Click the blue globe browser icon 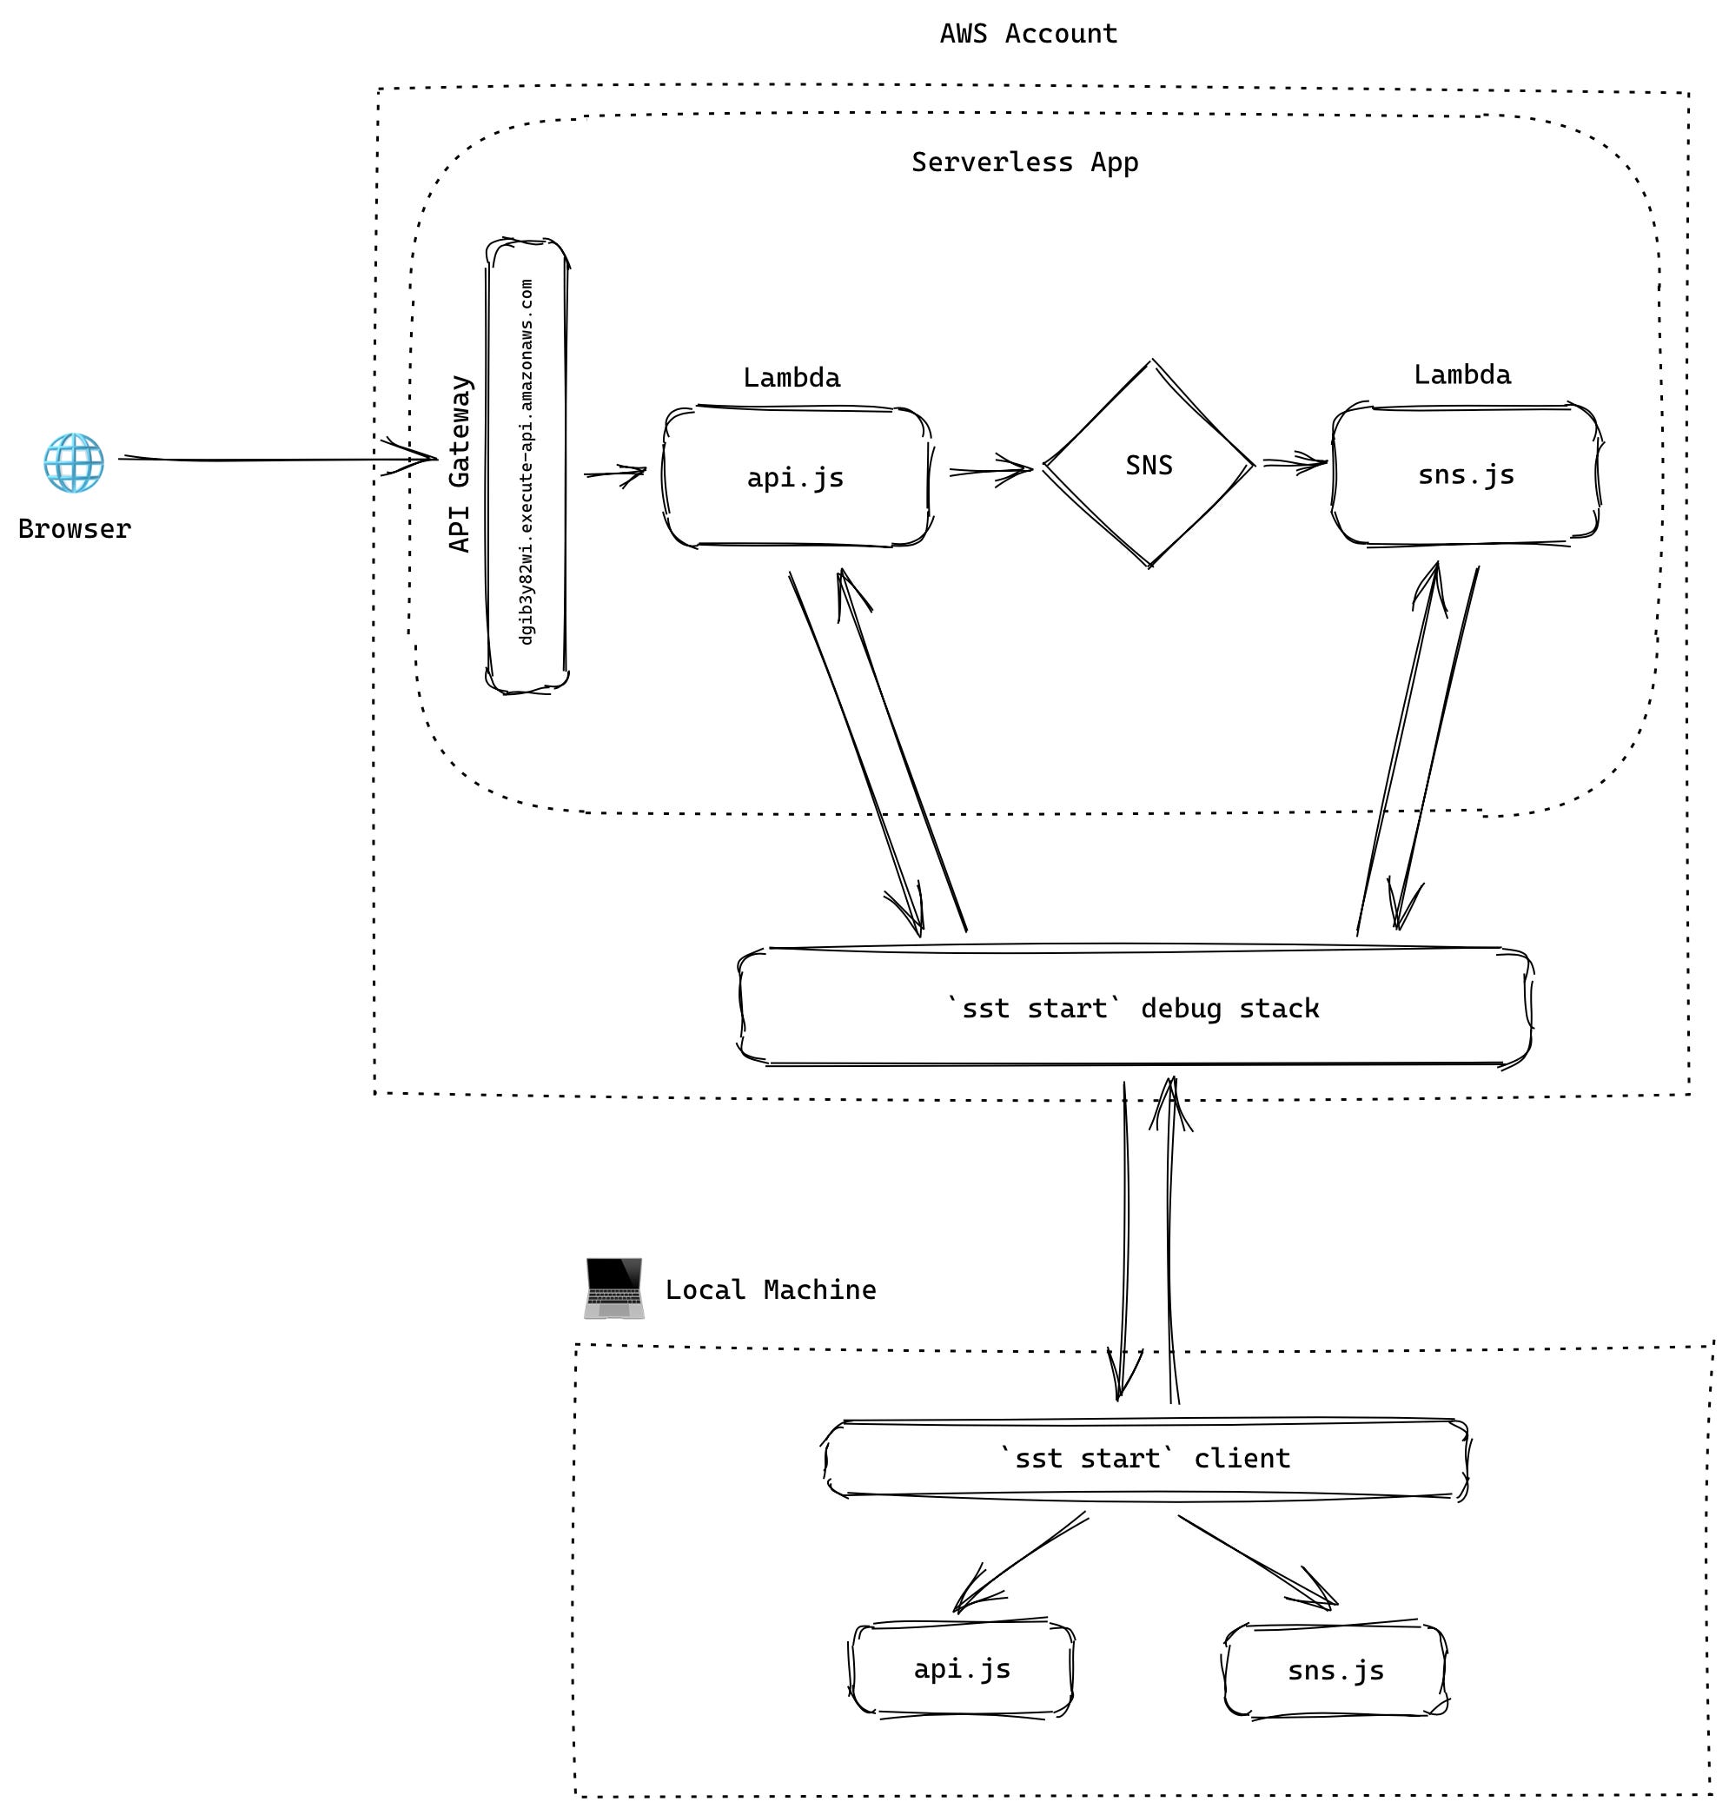(x=74, y=463)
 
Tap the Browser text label (x=75, y=529)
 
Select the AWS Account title (x=1029, y=34)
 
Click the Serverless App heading (x=1025, y=162)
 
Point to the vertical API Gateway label (x=459, y=464)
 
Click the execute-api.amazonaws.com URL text (x=527, y=463)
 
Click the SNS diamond (x=1149, y=465)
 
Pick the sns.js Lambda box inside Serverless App (x=1466, y=474)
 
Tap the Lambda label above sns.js (x=1462, y=375)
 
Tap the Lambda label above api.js (x=792, y=378)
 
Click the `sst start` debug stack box (x=1134, y=1008)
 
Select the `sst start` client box (x=1144, y=1458)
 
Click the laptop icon (x=613, y=1288)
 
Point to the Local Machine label (x=771, y=1289)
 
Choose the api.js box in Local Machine (x=962, y=1668)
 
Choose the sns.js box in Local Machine (x=1335, y=1670)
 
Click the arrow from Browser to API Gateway (x=276, y=458)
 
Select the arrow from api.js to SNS (x=990, y=470)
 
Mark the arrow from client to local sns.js (x=1258, y=1561)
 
